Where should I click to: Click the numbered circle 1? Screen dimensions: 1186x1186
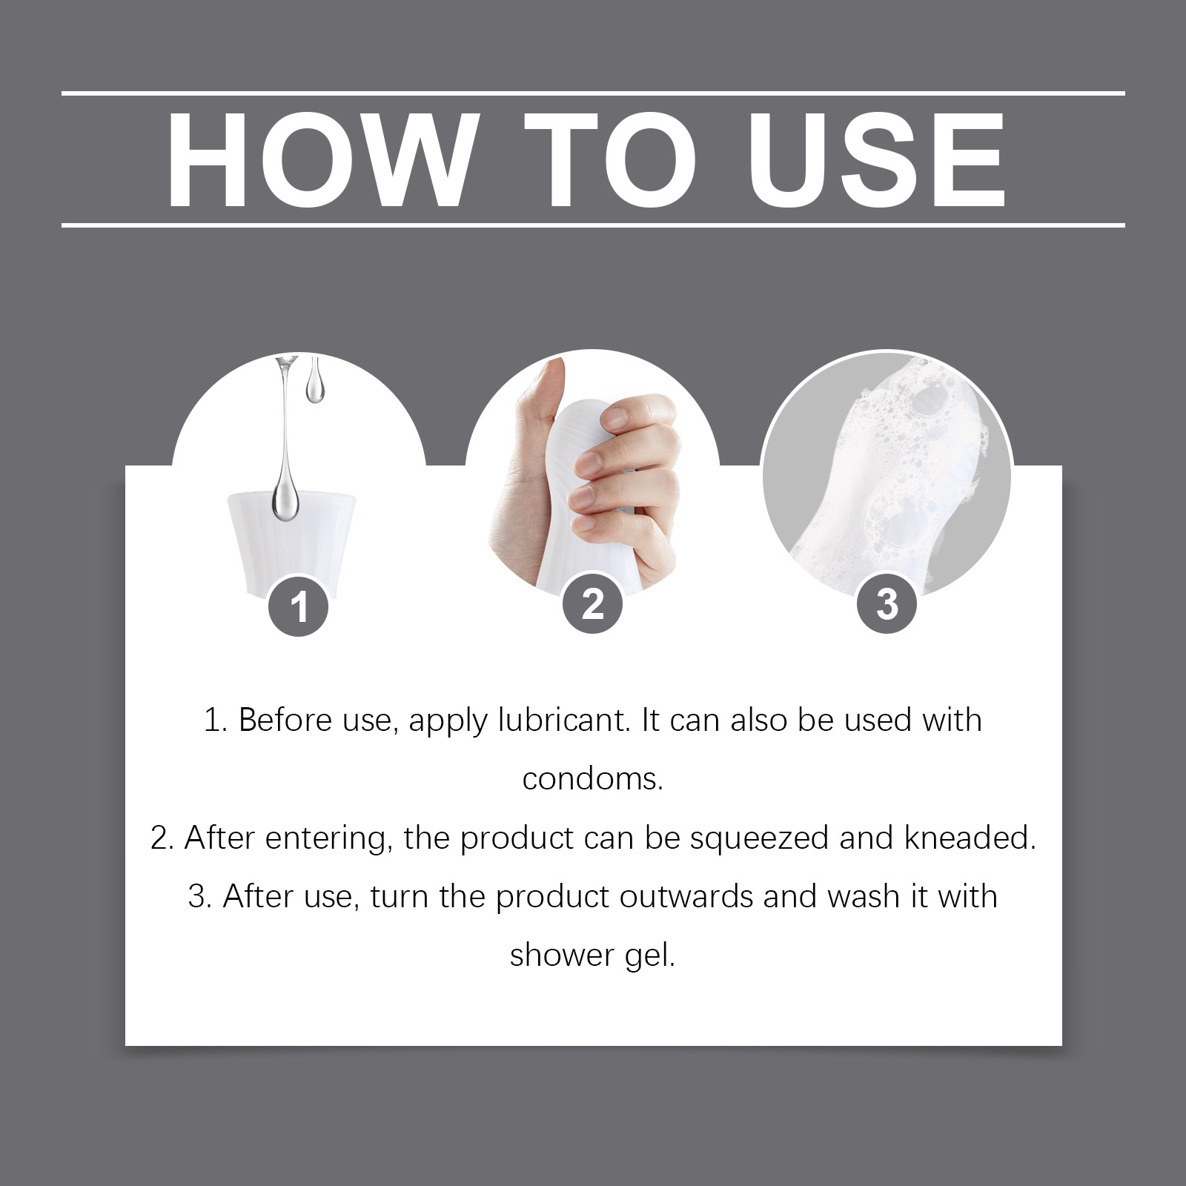[x=299, y=607]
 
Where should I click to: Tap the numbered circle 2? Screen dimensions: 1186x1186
[x=592, y=604]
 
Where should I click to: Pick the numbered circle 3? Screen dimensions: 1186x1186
[x=887, y=604]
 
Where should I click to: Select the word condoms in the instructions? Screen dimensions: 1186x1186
[x=592, y=779]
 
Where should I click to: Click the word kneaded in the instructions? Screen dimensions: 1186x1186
[x=970, y=838]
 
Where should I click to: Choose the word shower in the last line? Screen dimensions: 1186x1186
[x=562, y=955]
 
